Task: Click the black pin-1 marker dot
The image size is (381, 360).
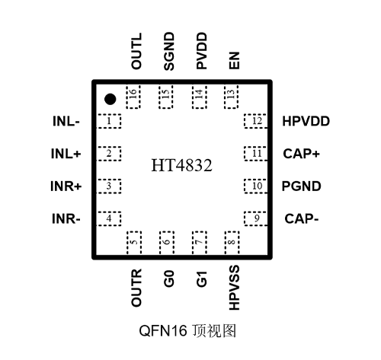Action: [110, 98]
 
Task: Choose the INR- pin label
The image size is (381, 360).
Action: [66, 219]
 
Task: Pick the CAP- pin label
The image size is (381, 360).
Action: [301, 219]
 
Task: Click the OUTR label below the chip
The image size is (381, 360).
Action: [136, 286]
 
